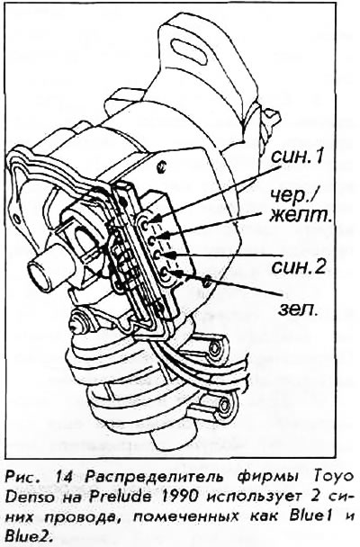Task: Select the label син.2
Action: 298,267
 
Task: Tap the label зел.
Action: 298,309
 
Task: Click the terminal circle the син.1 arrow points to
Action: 147,220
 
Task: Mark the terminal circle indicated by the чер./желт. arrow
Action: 152,240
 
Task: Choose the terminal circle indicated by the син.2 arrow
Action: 157,255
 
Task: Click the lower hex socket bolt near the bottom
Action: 225,406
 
